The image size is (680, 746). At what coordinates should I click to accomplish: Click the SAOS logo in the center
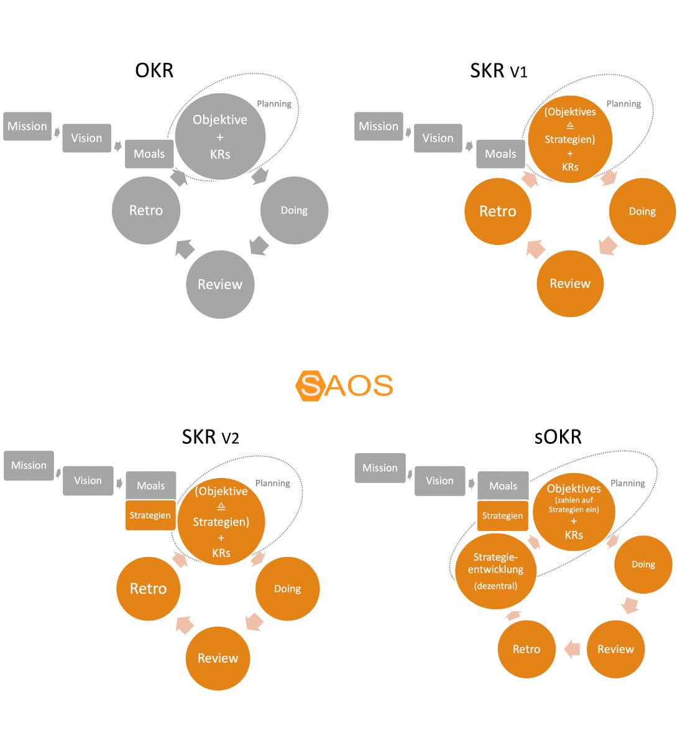[x=344, y=385]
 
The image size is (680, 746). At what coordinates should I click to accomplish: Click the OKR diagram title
[x=154, y=70]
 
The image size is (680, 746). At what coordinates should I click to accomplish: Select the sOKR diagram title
[x=558, y=437]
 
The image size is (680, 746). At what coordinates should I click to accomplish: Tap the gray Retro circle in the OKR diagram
[x=146, y=211]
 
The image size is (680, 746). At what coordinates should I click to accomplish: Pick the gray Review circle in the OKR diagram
[x=220, y=284]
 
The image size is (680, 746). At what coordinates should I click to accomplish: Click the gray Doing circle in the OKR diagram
[x=294, y=211]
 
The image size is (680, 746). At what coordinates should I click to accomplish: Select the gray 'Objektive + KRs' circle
[x=220, y=137]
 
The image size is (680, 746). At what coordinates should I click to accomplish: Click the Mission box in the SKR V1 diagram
[x=379, y=126]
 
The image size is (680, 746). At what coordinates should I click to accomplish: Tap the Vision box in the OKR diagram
[x=86, y=138]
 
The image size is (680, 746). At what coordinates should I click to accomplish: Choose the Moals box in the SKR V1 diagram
[x=500, y=154]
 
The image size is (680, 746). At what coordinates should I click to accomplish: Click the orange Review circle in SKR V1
[x=570, y=283]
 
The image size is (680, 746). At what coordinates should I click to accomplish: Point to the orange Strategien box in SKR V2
[x=150, y=515]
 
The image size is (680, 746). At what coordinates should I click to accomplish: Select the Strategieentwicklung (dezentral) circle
[x=495, y=571]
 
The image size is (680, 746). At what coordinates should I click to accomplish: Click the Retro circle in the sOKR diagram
[x=526, y=649]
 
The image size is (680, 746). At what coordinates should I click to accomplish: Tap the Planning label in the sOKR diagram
[x=628, y=483]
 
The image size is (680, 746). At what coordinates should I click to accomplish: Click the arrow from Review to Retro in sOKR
[x=572, y=649]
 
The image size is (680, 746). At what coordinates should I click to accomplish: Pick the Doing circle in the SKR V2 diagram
[x=287, y=589]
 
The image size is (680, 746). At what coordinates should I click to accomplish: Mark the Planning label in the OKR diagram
[x=274, y=104]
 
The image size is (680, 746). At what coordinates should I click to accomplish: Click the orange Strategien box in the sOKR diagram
[x=502, y=515]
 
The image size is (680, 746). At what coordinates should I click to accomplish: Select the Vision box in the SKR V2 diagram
[x=88, y=481]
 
